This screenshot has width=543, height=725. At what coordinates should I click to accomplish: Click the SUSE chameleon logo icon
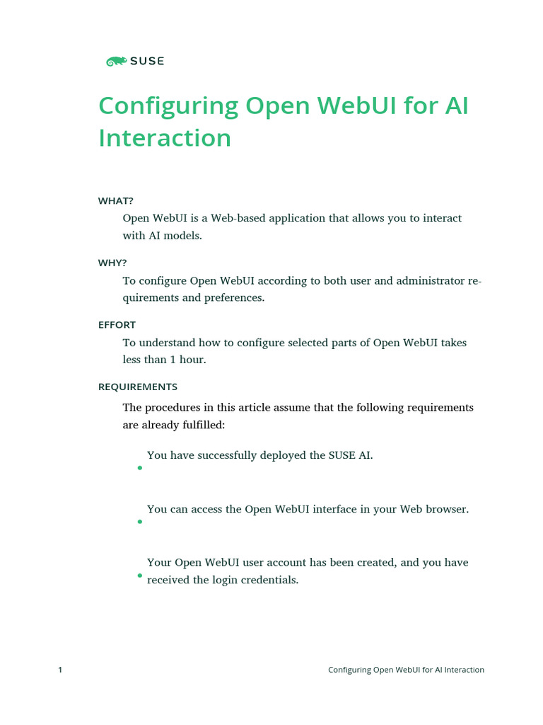pos(116,62)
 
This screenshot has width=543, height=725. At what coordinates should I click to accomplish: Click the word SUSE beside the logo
pos(147,62)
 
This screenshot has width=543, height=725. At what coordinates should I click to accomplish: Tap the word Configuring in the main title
pos(168,106)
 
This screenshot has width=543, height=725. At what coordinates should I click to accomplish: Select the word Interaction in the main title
pos(165,137)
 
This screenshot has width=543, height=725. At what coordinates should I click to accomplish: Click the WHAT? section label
pos(115,201)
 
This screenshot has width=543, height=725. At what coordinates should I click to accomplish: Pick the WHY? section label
pos(112,263)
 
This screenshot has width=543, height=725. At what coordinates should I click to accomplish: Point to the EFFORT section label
pos(117,325)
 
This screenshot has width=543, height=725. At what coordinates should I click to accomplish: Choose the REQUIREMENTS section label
pos(137,387)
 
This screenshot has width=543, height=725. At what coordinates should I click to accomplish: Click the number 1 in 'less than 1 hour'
pos(173,360)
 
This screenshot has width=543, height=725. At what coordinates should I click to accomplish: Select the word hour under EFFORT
pos(193,360)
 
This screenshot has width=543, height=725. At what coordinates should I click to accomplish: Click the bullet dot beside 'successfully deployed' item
pos(140,468)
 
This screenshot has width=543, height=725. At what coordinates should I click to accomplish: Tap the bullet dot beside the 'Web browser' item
pos(140,522)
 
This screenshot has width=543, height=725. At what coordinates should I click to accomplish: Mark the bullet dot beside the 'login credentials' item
pos(140,576)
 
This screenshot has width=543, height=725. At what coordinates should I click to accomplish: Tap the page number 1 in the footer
pos(60,670)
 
